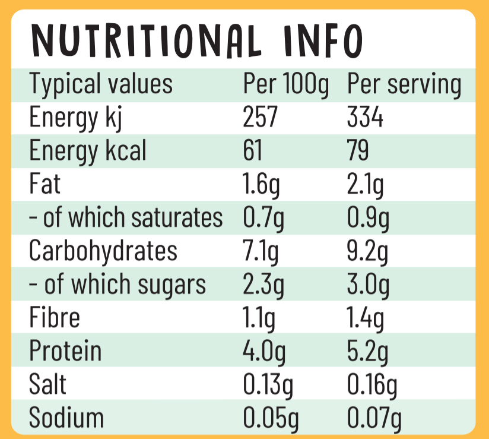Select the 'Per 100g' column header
pyautogui.click(x=285, y=85)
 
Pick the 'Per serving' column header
pyautogui.click(x=404, y=85)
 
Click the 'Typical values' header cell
pyautogui.click(x=101, y=85)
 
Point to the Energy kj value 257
pyautogui.click(x=261, y=118)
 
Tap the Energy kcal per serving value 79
pyautogui.click(x=358, y=151)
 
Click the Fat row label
pyautogui.click(x=45, y=184)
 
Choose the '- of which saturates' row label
pyautogui.click(x=126, y=218)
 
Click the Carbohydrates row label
pyautogui.click(x=103, y=251)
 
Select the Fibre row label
pyautogui.click(x=55, y=318)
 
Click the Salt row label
pyautogui.click(x=47, y=384)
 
